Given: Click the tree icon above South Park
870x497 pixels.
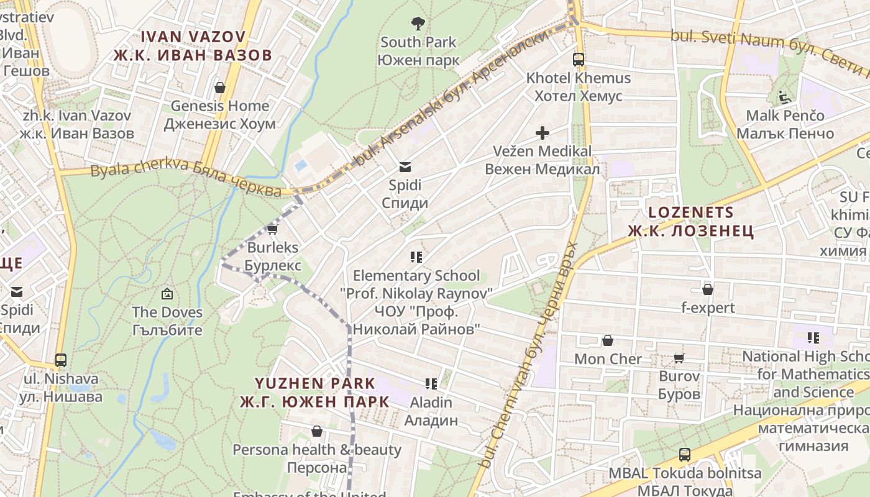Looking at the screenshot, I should [418, 24].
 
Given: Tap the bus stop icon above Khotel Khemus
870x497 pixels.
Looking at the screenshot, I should [579, 60].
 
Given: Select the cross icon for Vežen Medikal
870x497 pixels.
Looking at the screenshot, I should [543, 132].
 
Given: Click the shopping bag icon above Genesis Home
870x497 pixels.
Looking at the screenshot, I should [219, 87].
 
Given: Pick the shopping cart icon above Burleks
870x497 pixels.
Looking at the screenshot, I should [272, 229].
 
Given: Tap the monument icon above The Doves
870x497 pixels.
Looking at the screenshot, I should [167, 294].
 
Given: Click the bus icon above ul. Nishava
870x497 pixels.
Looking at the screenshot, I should [61, 360].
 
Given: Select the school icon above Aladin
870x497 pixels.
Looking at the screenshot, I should [431, 384].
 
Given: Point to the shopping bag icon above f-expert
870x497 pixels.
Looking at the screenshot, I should [708, 290].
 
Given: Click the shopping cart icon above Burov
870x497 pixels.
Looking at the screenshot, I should [679, 358].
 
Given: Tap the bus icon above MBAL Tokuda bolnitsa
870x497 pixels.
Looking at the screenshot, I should [685, 455].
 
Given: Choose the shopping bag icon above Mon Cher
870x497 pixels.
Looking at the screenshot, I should [608, 340].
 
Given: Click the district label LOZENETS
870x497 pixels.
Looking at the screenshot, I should [691, 212].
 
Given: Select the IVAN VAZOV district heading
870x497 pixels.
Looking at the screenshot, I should [193, 37].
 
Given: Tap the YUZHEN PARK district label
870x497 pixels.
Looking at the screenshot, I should [315, 383].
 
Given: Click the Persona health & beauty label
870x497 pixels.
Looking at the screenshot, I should [317, 450].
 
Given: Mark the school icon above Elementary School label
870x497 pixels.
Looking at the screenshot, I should [416, 257].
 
